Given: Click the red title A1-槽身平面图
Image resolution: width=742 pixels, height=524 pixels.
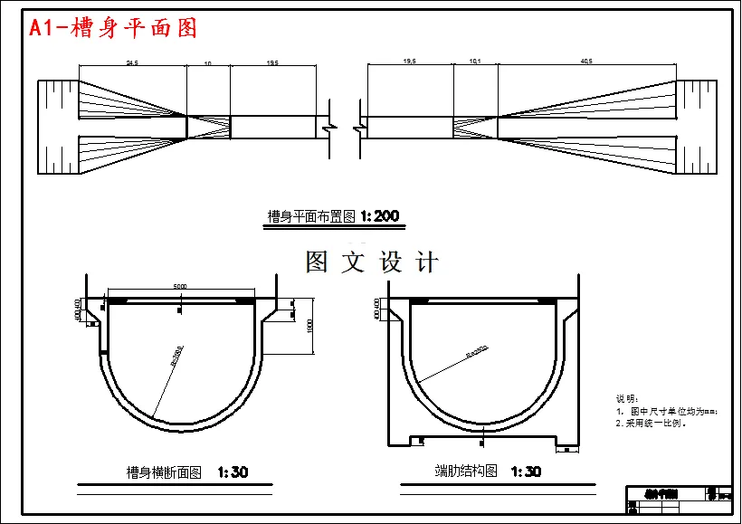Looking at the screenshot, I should (113, 28).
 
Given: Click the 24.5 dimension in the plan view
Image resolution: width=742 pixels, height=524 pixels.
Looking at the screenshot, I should (132, 63).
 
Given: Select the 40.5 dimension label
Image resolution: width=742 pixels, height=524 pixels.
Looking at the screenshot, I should (586, 62).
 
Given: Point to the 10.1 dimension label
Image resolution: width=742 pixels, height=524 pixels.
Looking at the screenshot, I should (474, 62).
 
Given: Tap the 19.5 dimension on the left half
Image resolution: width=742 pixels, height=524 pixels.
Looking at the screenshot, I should (271, 63).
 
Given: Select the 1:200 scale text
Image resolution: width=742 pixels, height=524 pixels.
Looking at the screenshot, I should (379, 216).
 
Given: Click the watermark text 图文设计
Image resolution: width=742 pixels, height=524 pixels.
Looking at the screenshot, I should (372, 262).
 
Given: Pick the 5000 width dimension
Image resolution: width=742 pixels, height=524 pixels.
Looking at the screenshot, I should (180, 286).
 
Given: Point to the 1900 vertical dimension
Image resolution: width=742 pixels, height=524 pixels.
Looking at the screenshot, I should (309, 325).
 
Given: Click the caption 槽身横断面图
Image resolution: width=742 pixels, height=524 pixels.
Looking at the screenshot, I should (164, 472).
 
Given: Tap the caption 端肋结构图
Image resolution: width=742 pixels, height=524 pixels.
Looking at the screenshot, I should (466, 472).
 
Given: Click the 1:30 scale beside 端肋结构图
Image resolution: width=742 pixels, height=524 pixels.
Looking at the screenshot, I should (526, 472).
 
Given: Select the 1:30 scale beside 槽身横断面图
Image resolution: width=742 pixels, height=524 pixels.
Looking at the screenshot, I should (233, 472).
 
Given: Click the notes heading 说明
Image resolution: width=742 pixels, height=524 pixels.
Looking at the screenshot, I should (626, 398).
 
